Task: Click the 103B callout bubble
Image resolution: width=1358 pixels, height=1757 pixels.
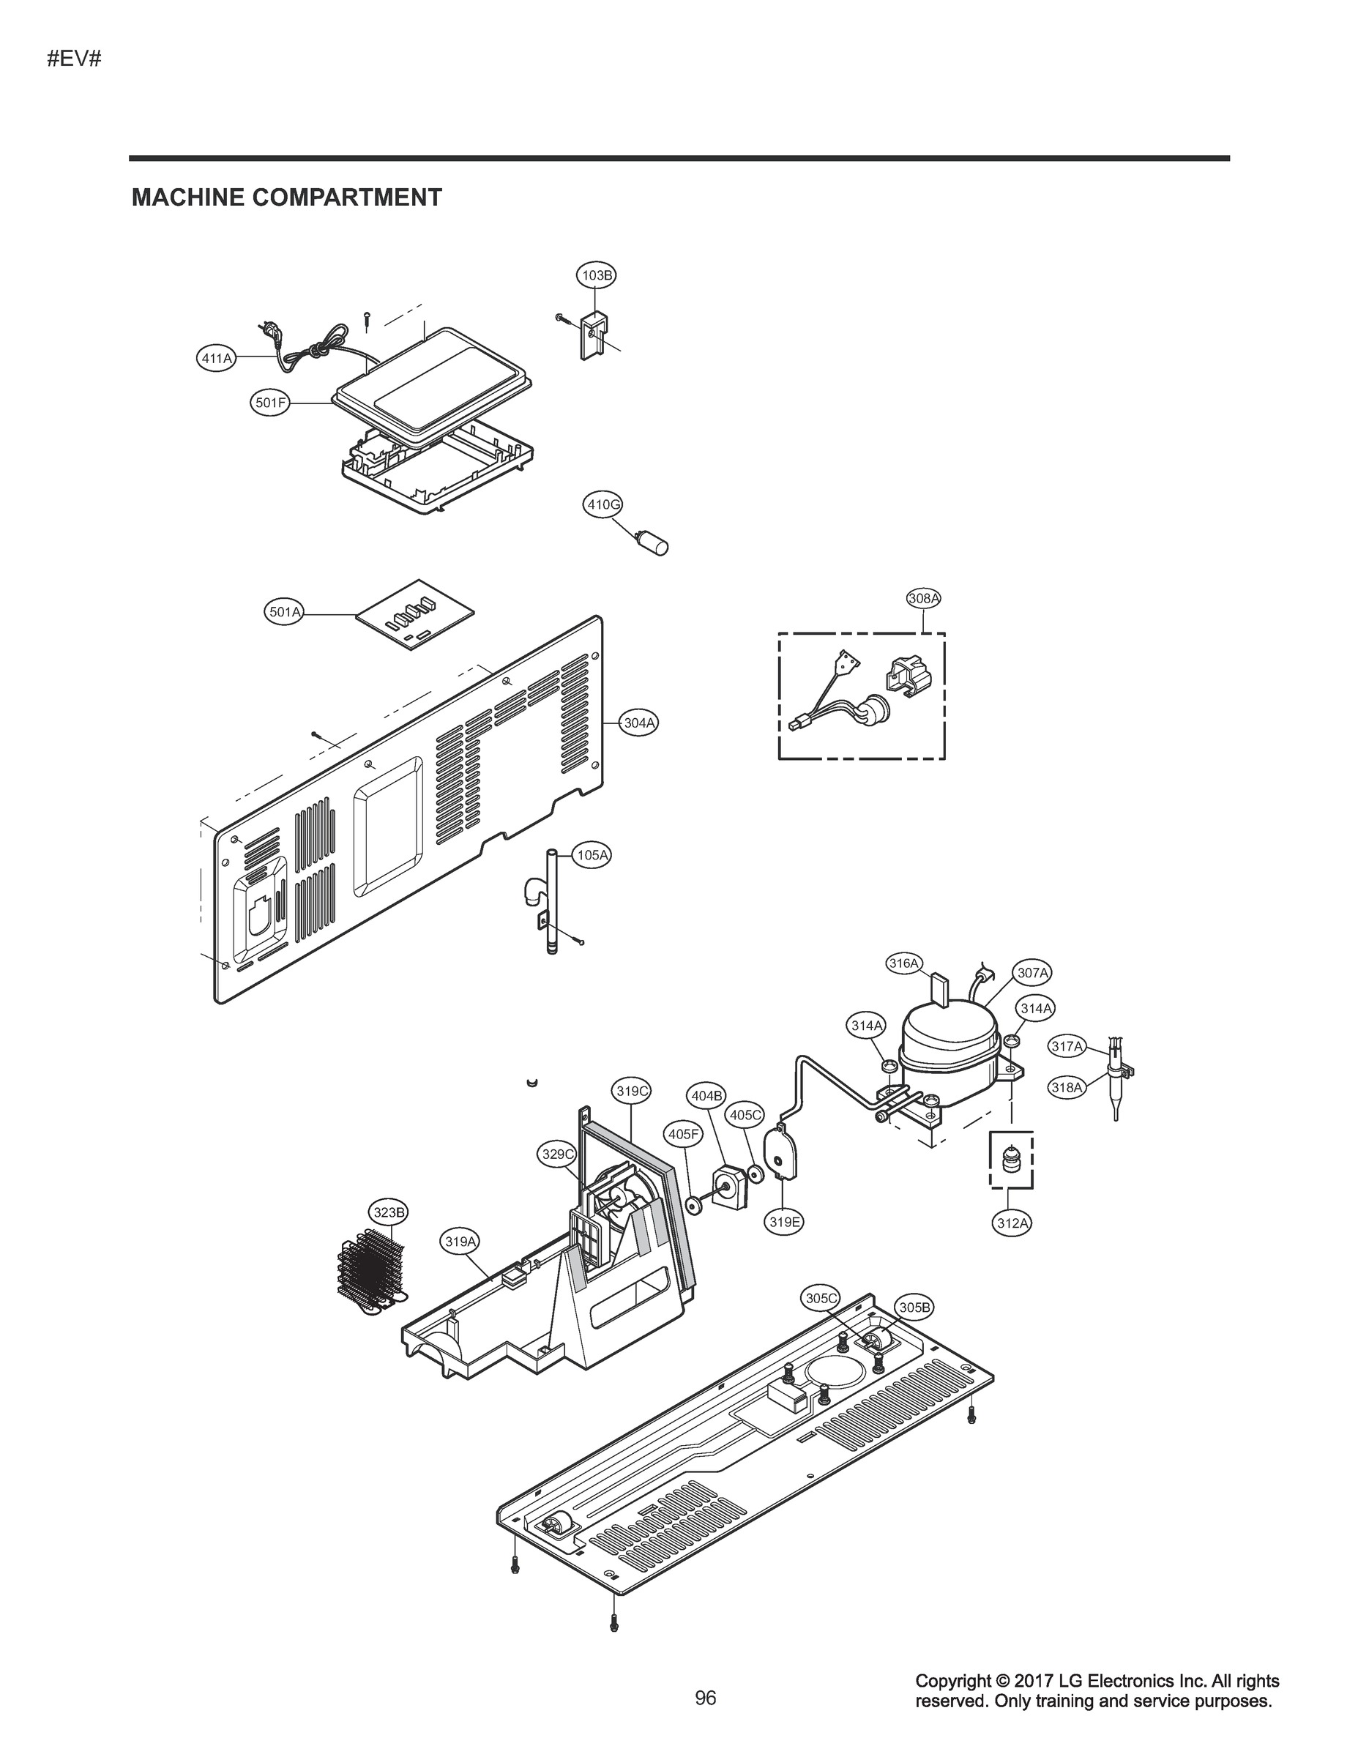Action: point(597,275)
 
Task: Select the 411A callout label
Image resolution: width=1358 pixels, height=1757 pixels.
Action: point(217,358)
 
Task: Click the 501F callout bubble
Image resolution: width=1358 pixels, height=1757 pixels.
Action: point(270,403)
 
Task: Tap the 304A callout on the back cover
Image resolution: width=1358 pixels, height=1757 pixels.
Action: point(640,723)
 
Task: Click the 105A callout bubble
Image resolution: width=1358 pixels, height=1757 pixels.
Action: point(593,855)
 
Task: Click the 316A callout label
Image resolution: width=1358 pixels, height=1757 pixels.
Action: point(903,963)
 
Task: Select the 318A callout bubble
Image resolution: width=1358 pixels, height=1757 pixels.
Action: point(1067,1088)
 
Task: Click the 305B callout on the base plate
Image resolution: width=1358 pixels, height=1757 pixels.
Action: point(914,1308)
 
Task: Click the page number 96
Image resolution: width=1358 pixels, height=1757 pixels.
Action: point(706,1720)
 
